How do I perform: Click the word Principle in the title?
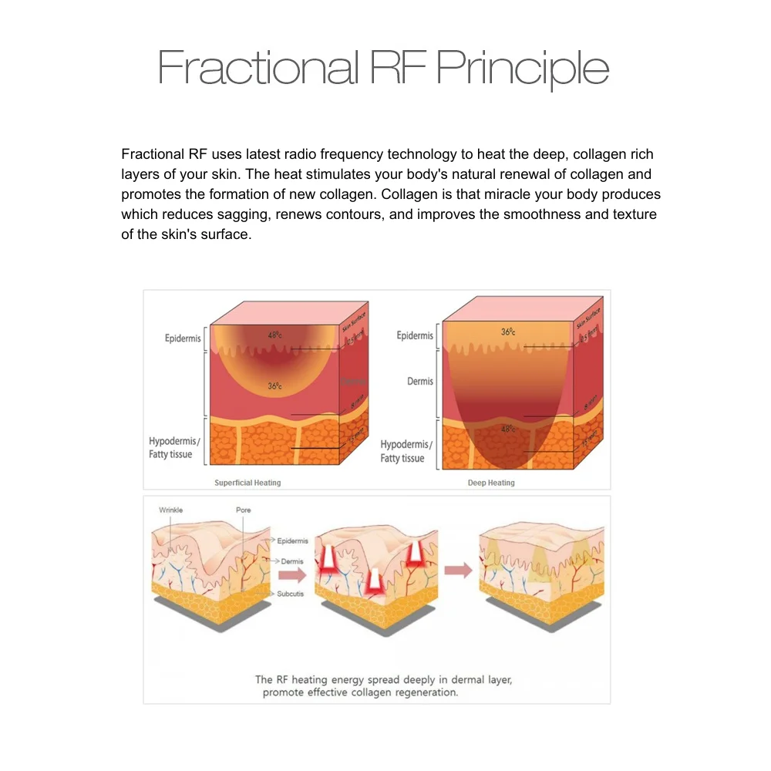523,68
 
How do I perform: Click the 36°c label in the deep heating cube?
507,332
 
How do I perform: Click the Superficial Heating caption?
247,483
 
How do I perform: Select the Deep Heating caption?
491,483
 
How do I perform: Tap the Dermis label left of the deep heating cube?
420,382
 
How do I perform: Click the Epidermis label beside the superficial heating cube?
183,338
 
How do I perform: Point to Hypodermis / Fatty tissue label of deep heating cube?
406,452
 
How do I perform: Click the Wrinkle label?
171,510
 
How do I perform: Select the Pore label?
243,510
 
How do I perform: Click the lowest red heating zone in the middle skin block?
375,579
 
